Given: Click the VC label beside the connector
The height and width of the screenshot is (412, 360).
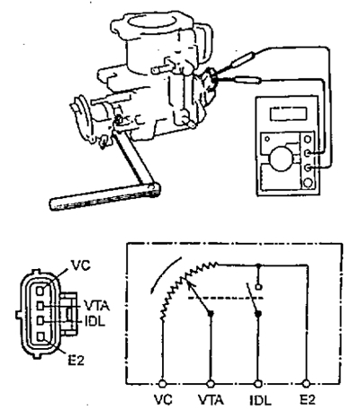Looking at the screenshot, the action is tap(80, 265).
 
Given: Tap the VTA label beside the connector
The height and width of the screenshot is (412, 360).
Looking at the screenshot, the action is tap(96, 307).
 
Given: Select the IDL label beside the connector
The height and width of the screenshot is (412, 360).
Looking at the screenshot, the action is tap(94, 322).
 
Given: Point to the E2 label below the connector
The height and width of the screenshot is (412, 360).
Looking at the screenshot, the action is tap(76, 360).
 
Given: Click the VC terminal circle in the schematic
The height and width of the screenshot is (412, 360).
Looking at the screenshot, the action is tap(163, 383).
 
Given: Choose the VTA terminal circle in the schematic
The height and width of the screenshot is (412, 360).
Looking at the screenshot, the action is tap(211, 383).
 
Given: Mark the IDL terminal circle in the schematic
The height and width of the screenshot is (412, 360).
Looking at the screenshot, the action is tap(258, 383).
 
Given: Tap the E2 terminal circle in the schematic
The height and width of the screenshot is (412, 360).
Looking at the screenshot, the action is tap(306, 383).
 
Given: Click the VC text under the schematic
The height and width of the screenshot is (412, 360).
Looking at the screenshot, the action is tap(163, 400).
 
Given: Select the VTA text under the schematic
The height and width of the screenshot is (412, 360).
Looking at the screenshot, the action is tap(211, 400).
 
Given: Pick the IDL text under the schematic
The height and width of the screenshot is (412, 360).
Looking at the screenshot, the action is tap(260, 400).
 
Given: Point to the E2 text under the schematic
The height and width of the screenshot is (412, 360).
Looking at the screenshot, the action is tap(308, 400).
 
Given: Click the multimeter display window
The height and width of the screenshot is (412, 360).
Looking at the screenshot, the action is tap(289, 114).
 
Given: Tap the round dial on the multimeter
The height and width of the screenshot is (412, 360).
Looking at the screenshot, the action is tap(281, 158).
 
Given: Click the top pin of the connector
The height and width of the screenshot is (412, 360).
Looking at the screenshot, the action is tap(40, 291).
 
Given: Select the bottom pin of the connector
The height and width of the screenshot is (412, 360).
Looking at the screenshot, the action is tap(40, 336).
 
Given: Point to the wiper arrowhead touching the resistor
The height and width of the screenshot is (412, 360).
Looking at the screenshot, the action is tap(189, 282).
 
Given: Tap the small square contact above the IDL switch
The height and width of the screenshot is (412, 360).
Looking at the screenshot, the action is tap(258, 287).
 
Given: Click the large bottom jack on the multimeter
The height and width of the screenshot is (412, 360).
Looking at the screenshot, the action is tap(308, 182).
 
